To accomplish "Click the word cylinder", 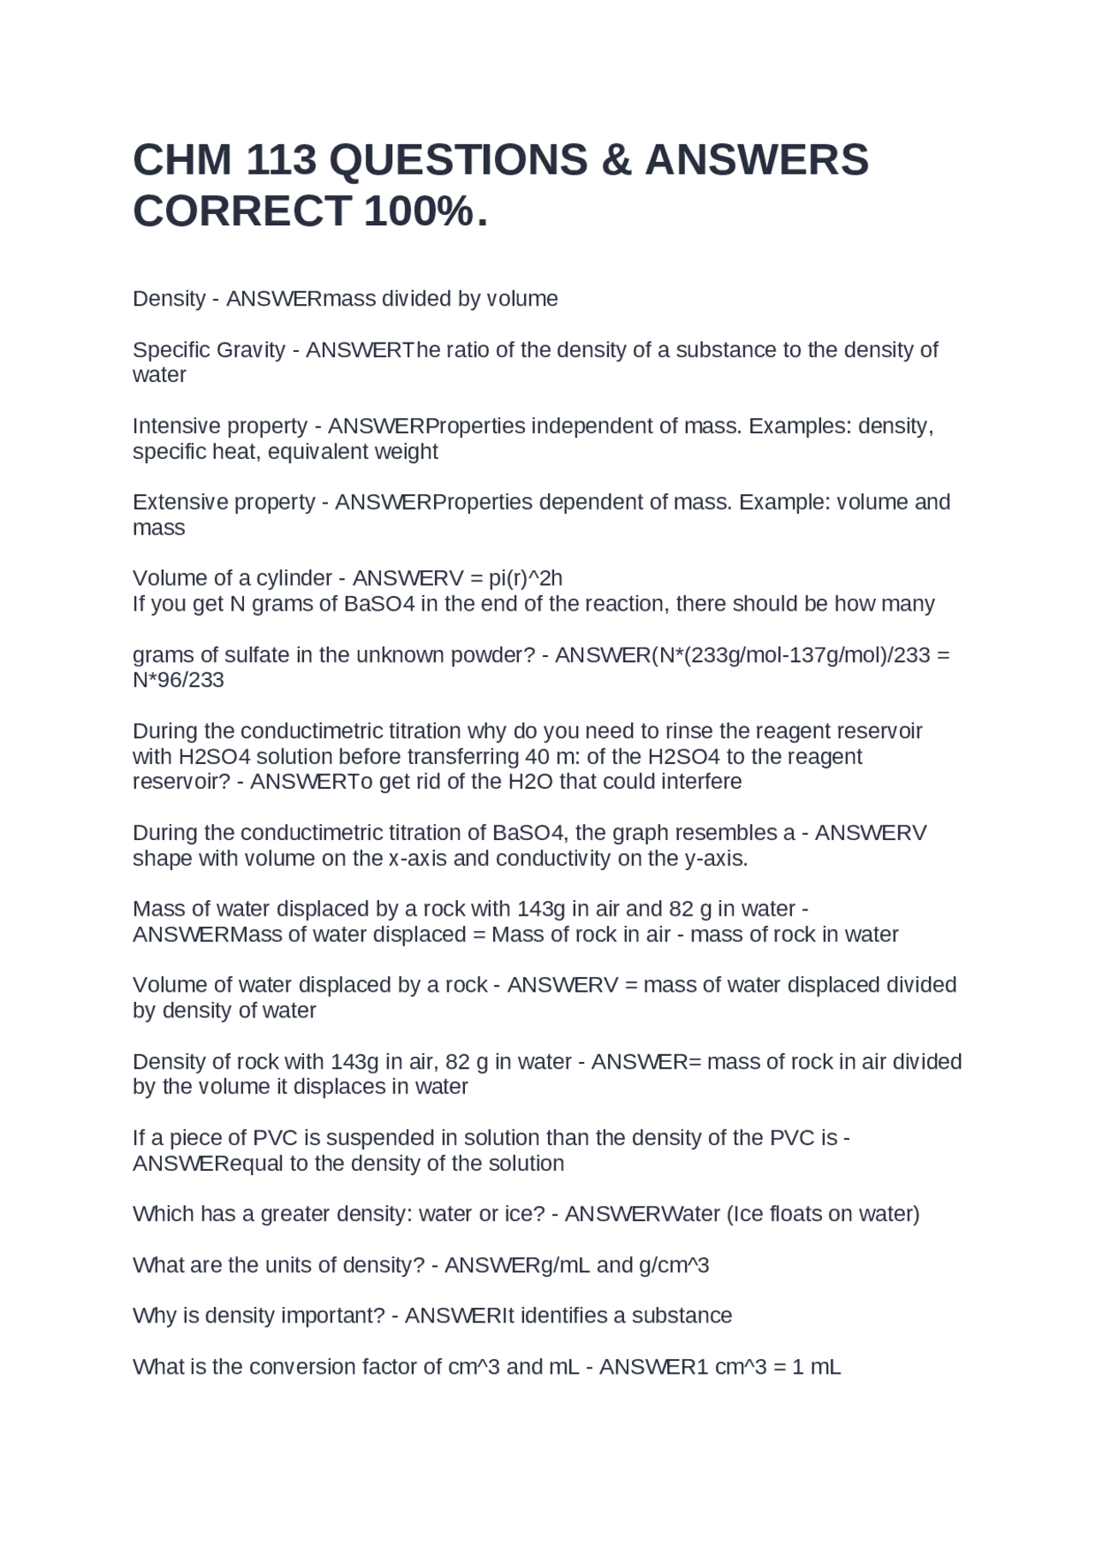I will pos(293,578).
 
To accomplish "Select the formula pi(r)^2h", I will pos(525,578).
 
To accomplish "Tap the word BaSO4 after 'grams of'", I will pos(379,604).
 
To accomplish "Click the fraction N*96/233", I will pos(178,680).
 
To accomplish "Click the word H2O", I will pos(529,782).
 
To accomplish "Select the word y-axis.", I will pos(716,858).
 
